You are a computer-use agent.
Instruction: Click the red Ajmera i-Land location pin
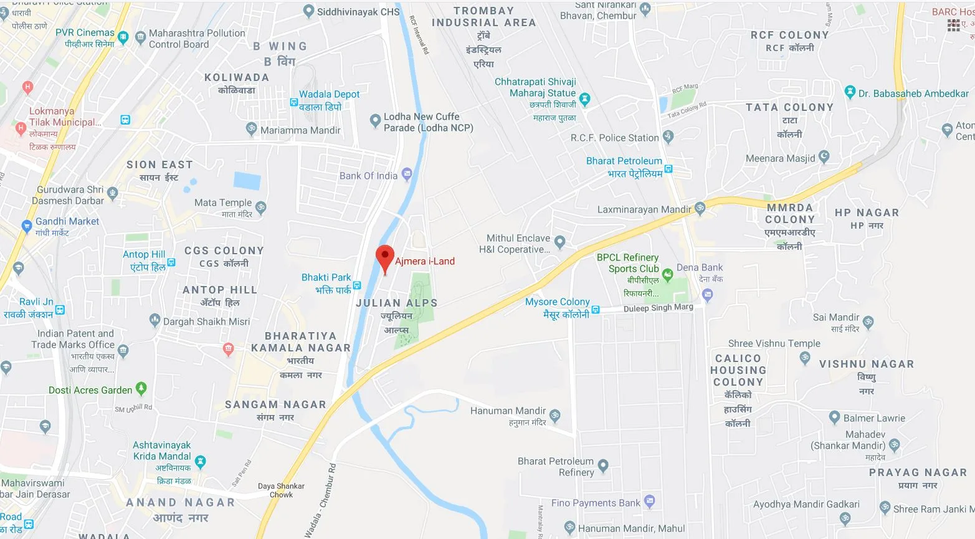pyautogui.click(x=385, y=257)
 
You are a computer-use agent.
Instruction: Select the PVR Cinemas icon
pyautogui.click(x=123, y=37)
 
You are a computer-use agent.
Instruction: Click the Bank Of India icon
pyautogui.click(x=407, y=174)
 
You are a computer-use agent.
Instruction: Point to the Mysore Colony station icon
pyautogui.click(x=596, y=309)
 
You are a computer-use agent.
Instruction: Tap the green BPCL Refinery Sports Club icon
pyautogui.click(x=667, y=274)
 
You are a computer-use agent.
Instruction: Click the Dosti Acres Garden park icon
pyautogui.click(x=141, y=388)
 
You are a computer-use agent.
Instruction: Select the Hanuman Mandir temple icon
pyautogui.click(x=555, y=414)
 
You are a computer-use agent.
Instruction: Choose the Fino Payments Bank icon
pyautogui.click(x=650, y=500)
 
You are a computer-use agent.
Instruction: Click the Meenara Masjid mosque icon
pyautogui.click(x=824, y=156)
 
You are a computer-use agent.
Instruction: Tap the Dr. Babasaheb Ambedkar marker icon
pyautogui.click(x=850, y=92)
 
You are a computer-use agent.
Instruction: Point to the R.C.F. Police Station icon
pyautogui.click(x=668, y=136)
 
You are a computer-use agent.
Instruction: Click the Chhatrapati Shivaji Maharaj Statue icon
pyautogui.click(x=584, y=98)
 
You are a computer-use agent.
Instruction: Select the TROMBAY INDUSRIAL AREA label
pyautogui.click(x=484, y=17)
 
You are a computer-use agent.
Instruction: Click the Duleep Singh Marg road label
pyautogui.click(x=658, y=308)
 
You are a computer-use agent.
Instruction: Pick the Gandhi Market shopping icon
pyautogui.click(x=26, y=225)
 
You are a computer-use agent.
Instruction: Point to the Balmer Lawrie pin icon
pyautogui.click(x=835, y=417)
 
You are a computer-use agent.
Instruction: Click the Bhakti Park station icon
pyautogui.click(x=357, y=285)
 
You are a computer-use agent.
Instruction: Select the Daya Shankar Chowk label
pyautogui.click(x=281, y=490)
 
